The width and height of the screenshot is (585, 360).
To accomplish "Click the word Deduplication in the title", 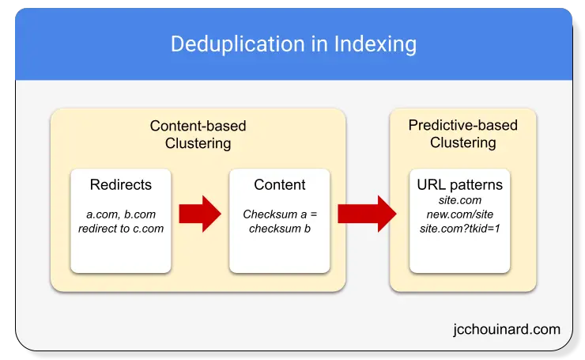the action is pyautogui.click(x=238, y=44).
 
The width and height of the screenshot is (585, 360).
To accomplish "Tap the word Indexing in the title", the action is pyautogui.click(x=376, y=44).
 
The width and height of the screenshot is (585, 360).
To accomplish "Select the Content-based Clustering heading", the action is pyautogui.click(x=198, y=135).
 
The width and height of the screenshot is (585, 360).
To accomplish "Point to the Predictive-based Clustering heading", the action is pyautogui.click(x=463, y=134).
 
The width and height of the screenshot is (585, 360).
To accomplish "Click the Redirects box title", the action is pyautogui.click(x=121, y=184).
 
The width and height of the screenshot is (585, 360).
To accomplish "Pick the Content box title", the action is pyautogui.click(x=280, y=184).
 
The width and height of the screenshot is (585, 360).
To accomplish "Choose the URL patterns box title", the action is pyautogui.click(x=459, y=184).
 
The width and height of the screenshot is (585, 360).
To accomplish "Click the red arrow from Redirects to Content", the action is pyautogui.click(x=200, y=214).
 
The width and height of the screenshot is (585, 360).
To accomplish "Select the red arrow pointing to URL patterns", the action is pyautogui.click(x=367, y=214).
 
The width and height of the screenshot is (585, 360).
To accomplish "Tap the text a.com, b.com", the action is pyautogui.click(x=121, y=214).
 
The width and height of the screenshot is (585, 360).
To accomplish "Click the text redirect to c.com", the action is pyautogui.click(x=121, y=229).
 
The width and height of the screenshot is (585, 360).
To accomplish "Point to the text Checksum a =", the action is pyautogui.click(x=280, y=214).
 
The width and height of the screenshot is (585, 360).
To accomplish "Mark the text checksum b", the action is pyautogui.click(x=280, y=228).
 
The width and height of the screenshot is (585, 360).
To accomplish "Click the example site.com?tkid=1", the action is pyautogui.click(x=459, y=228).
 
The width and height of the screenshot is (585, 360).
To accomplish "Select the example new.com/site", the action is pyautogui.click(x=459, y=214).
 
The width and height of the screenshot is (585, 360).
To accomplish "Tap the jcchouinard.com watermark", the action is pyautogui.click(x=507, y=329).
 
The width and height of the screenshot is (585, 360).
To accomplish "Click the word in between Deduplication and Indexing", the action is pyautogui.click(x=319, y=44).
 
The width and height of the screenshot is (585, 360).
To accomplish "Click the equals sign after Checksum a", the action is pyautogui.click(x=313, y=214).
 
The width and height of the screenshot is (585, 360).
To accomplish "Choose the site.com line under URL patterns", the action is pyautogui.click(x=459, y=200).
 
